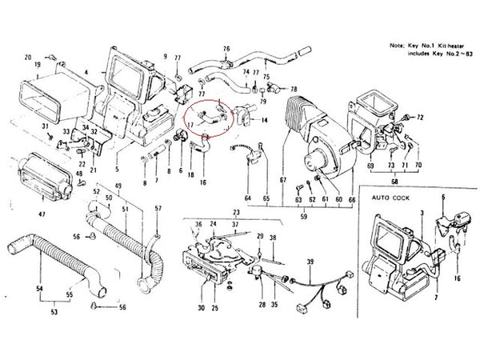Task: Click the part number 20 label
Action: (x=27, y=58)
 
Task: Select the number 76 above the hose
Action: (x=226, y=49)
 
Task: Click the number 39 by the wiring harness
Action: (x=310, y=261)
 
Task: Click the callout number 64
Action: (x=247, y=197)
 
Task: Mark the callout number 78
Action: (x=294, y=89)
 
